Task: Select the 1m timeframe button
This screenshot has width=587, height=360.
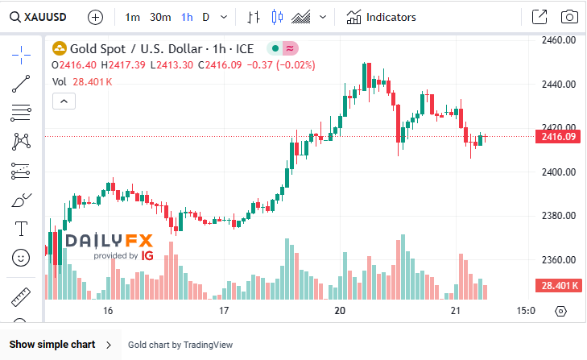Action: coord(133,17)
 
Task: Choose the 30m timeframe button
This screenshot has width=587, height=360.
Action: coord(160,17)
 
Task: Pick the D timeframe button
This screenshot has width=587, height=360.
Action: coord(206,17)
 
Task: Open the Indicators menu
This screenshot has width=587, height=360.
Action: coord(382,17)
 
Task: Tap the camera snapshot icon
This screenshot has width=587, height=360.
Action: coord(568,17)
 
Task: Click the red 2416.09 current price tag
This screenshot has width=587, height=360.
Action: coord(558,137)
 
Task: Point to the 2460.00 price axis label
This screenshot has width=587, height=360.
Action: coord(558,39)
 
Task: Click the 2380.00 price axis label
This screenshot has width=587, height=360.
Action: coord(558,216)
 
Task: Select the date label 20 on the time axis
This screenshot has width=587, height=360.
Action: coord(340,311)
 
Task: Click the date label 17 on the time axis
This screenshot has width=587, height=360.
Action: coord(224,311)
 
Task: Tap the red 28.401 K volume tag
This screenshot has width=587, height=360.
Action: coord(558,286)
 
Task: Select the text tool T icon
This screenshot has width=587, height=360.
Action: coord(22,229)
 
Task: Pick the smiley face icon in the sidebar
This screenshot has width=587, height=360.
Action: coord(22,258)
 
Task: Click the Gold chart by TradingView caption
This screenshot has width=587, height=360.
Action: coord(180,345)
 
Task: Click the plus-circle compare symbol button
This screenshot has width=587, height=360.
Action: coord(95,17)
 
